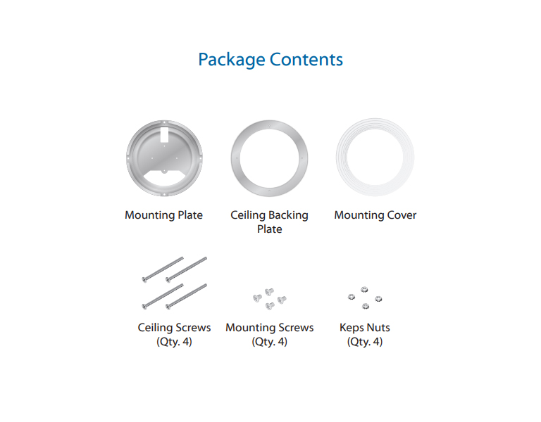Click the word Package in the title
[x=232, y=60]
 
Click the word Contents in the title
[x=306, y=59]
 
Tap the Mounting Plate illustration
[x=164, y=158]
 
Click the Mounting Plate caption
[x=163, y=215]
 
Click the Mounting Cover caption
[x=375, y=215]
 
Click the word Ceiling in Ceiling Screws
[x=154, y=327]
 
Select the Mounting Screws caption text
[x=270, y=328]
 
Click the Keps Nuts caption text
[x=365, y=327]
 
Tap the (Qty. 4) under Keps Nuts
[x=365, y=342]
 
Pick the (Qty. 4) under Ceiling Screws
[x=174, y=342]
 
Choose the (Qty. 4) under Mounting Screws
[x=270, y=342]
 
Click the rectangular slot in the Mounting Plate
[x=164, y=134]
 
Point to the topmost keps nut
[x=364, y=290]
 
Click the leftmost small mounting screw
[x=257, y=298]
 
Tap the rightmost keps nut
[x=378, y=298]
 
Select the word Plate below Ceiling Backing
[x=270, y=229]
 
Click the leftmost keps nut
[x=352, y=297]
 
